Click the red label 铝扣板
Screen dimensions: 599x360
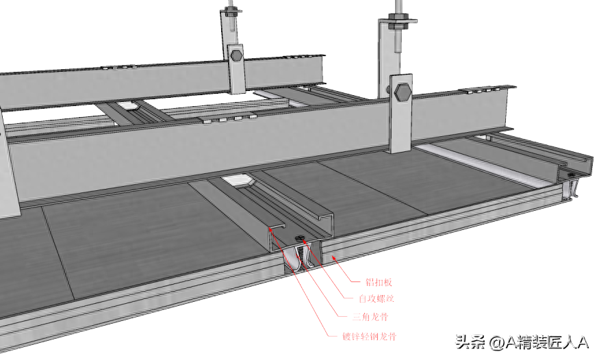(379, 282)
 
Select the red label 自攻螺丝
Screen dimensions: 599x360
(377, 298)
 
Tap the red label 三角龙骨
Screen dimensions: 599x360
(370, 316)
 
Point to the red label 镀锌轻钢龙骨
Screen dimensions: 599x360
(369, 336)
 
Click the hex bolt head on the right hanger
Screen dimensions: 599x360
(403, 93)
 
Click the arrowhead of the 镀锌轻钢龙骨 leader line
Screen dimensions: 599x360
(271, 230)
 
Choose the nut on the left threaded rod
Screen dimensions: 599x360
(231, 11)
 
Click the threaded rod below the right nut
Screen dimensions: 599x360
(398, 40)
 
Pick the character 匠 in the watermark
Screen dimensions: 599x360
(555, 342)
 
